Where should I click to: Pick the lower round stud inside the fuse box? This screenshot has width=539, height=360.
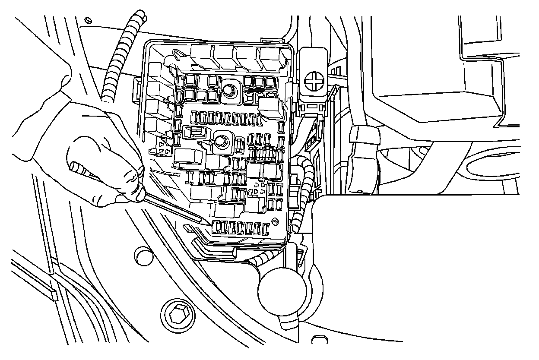click(x=222, y=141)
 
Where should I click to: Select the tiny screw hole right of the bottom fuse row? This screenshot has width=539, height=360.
click(x=275, y=223)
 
